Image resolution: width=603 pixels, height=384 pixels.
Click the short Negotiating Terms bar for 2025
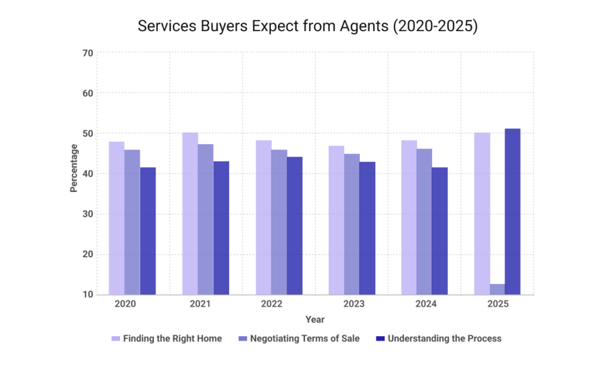[497, 289]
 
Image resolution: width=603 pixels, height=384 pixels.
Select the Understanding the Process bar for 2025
[512, 211]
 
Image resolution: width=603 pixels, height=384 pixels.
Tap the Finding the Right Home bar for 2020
[117, 218]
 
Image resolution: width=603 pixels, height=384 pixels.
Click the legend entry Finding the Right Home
[172, 339]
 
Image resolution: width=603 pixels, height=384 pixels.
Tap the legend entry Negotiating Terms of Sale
[304, 339]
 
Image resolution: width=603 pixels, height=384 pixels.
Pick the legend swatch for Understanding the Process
[380, 339]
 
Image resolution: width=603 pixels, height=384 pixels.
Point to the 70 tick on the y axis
[88, 53]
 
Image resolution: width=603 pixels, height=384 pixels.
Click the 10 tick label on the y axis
[88, 294]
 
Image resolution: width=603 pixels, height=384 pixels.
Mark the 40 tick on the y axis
[88, 174]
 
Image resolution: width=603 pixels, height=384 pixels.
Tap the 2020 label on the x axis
[125, 304]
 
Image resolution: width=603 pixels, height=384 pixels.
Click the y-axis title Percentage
[74, 168]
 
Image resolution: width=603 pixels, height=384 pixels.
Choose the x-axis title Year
[315, 320]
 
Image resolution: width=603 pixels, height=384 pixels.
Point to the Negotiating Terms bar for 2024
[424, 221]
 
